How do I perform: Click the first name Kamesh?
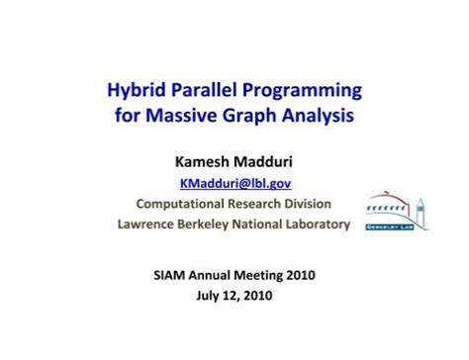[195, 160]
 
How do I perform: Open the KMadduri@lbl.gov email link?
[234, 182]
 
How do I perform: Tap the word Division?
[305, 204]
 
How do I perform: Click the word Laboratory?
[314, 225]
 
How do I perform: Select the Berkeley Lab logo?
[397, 210]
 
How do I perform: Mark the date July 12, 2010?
[234, 295]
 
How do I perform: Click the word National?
[267, 225]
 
